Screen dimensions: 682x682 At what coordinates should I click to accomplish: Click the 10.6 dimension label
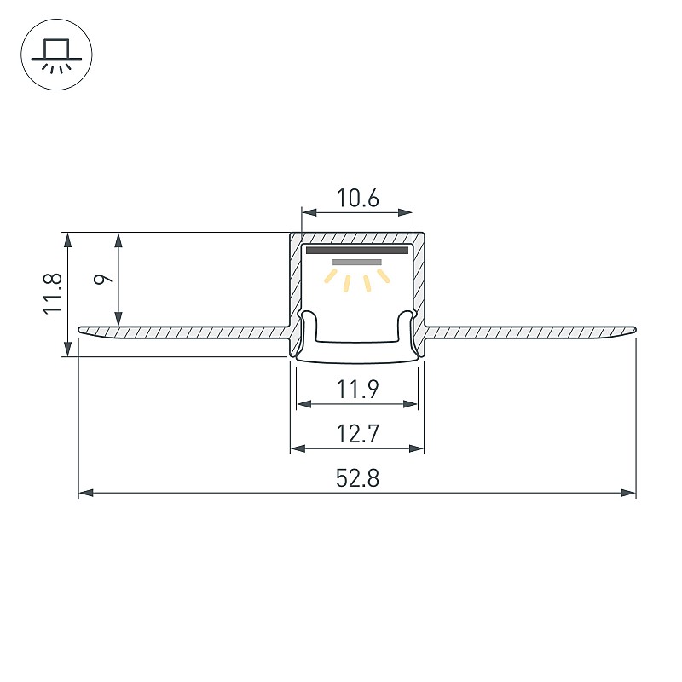[x=358, y=199]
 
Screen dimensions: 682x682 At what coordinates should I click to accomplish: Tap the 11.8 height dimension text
[x=53, y=293]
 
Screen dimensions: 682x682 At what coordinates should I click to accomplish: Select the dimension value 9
[x=103, y=279]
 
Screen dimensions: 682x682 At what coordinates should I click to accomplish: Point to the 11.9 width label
[x=357, y=390]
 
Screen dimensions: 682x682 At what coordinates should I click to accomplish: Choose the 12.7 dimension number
[x=357, y=434]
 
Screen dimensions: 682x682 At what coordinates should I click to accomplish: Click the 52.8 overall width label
[x=357, y=478]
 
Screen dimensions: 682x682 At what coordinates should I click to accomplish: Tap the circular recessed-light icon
[x=56, y=55]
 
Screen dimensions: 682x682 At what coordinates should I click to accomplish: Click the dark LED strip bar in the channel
[x=357, y=250]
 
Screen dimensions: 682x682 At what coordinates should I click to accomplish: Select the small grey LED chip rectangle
[x=357, y=263]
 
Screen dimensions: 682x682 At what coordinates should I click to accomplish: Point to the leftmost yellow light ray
[x=331, y=275]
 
